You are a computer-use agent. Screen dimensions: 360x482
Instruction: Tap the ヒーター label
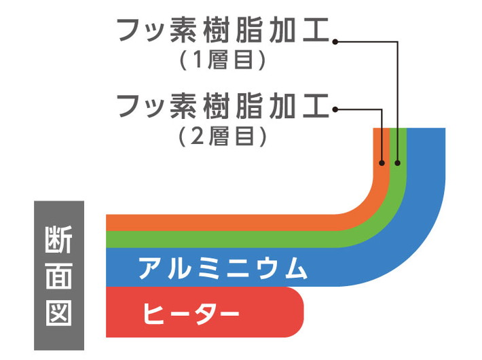click(x=191, y=313)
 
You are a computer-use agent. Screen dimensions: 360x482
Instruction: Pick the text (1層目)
click(x=221, y=60)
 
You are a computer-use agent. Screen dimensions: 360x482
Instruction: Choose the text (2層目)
click(x=221, y=137)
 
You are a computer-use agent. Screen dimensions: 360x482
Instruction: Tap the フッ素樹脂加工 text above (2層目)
click(x=223, y=107)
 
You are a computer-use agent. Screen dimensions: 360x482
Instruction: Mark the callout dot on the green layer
click(x=398, y=163)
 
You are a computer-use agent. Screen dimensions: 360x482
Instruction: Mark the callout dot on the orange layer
click(x=382, y=163)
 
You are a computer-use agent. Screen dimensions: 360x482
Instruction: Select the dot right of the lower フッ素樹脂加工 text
click(x=335, y=108)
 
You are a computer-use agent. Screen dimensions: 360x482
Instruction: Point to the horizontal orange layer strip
click(x=224, y=222)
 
